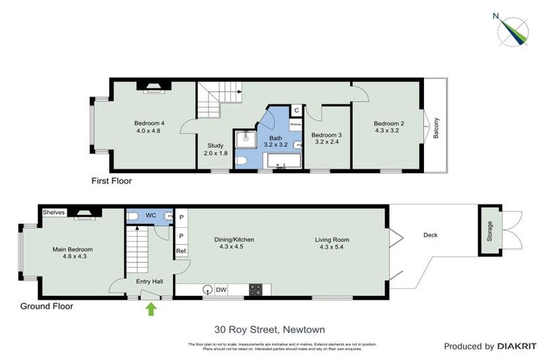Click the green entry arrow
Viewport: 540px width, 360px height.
[x=150, y=308]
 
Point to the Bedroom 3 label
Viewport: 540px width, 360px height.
[x=326, y=135]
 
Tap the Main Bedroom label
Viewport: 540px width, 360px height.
[x=72, y=249]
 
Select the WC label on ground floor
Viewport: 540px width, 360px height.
[x=150, y=214]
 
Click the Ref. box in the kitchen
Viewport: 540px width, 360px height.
[x=181, y=251]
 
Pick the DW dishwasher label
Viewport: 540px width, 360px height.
[x=221, y=289]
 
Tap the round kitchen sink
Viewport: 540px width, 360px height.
[x=207, y=289]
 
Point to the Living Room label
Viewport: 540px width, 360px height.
[x=334, y=240]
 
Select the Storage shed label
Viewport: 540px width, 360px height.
[x=490, y=232]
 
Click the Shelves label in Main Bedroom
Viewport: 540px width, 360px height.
[x=53, y=212]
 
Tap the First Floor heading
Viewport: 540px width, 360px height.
[x=111, y=181]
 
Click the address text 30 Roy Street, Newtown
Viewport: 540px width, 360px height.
[x=269, y=329]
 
